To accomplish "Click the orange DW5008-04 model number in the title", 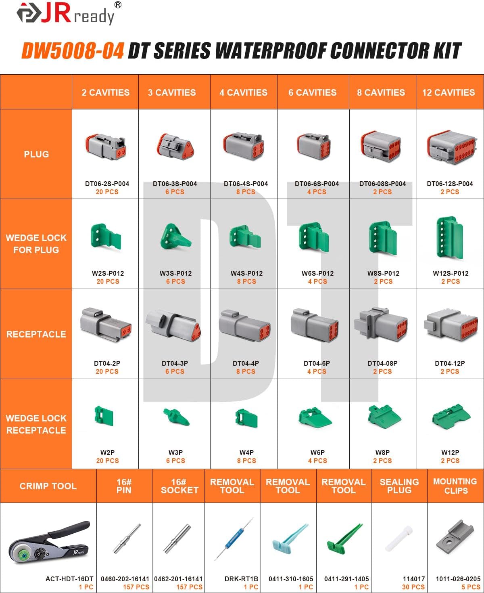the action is coord(73,51).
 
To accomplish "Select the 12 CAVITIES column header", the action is coord(449,92).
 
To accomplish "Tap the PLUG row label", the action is coord(36,154).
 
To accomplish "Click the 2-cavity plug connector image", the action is coord(106,147).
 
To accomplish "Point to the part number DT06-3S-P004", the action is coord(175,184).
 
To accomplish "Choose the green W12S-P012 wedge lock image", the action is coord(449,238).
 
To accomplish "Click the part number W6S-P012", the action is coord(317,273).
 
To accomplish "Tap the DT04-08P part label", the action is coord(382,363).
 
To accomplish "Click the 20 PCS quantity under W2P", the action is coord(107,461).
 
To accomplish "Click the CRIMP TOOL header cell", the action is coord(48,486).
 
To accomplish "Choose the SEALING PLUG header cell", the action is coord(399,486).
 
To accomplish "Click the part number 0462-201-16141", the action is coord(178,579).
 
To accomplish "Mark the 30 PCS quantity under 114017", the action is coord(413,587).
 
